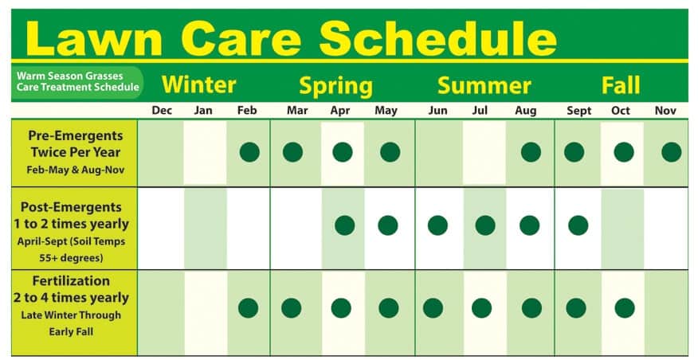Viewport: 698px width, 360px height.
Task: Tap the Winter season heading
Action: (198, 84)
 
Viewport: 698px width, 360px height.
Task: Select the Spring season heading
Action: (335, 86)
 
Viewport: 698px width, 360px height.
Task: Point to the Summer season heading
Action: (484, 85)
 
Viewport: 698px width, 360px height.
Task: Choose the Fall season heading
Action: (621, 84)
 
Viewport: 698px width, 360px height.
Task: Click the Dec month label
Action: (162, 111)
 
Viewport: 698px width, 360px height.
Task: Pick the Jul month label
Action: (480, 110)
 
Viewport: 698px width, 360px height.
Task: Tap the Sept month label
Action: (578, 111)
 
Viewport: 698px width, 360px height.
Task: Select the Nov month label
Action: (665, 111)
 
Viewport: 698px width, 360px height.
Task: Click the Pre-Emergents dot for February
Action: (249, 152)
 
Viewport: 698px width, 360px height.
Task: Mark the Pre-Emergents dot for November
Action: (671, 152)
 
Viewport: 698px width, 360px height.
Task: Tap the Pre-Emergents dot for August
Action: (531, 152)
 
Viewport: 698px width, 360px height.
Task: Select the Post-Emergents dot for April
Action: (344, 225)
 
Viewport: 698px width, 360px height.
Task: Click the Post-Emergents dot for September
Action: (578, 225)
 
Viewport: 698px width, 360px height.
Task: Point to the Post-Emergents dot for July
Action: (485, 225)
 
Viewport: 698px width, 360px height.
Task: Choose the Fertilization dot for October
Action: (625, 308)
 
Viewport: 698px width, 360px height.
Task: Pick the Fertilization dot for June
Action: (433, 308)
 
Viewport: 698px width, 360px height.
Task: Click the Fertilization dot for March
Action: (292, 308)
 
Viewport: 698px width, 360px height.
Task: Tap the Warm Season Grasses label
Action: (69, 76)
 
